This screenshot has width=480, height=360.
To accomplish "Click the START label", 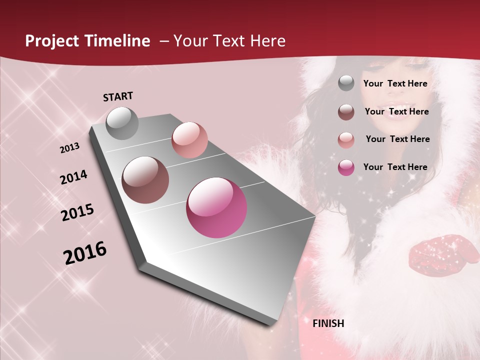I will [x=118, y=96].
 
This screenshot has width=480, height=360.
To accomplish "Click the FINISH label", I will [x=328, y=323].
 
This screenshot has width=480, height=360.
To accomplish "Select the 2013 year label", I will [x=70, y=148].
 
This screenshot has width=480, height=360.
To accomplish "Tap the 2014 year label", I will [x=73, y=177].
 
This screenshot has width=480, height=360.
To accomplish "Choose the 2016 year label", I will [x=85, y=252].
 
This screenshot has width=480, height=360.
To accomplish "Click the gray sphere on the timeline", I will [x=122, y=123].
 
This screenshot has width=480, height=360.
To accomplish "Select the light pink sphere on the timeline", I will [x=189, y=140].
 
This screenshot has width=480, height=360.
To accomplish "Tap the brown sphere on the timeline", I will [x=145, y=180].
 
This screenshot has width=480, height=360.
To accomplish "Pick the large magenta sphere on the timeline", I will [x=216, y=207].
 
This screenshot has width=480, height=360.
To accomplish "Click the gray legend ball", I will [x=346, y=83].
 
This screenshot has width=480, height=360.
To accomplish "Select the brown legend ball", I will [x=346, y=112].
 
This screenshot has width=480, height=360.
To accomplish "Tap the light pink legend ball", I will [x=346, y=140].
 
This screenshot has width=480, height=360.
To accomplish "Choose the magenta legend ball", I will [x=346, y=167].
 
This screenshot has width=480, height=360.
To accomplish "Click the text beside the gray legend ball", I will [x=395, y=83].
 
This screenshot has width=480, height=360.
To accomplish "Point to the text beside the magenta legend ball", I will [x=395, y=167].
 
